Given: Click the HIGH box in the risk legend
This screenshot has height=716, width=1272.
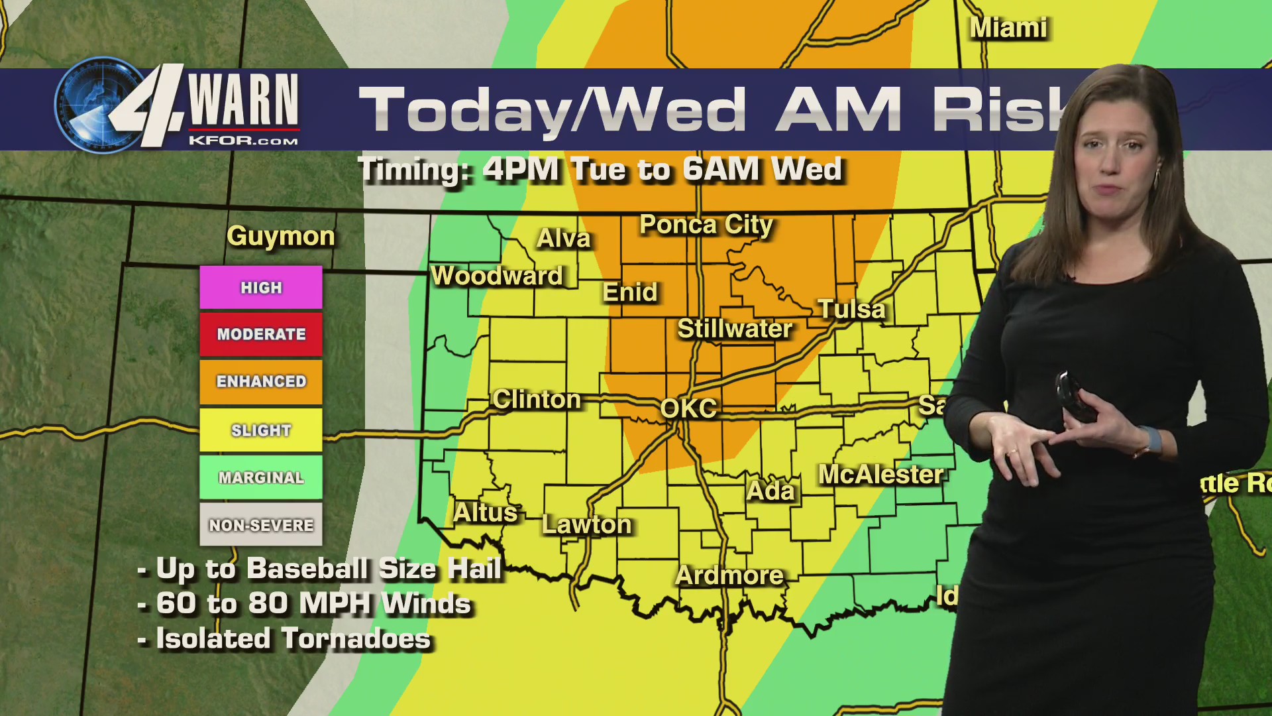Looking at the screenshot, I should click(261, 288).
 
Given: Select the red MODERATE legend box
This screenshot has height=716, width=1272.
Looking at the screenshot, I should click(261, 334).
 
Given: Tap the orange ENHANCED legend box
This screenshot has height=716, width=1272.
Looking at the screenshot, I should click(261, 382).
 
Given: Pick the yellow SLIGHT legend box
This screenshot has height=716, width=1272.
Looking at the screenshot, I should click(261, 430).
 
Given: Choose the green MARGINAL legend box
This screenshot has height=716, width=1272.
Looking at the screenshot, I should click(261, 477).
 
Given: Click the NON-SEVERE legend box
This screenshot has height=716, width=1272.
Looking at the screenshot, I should click(261, 524).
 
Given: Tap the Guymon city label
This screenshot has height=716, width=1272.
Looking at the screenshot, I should click(281, 237).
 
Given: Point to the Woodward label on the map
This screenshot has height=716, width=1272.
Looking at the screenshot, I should click(497, 276).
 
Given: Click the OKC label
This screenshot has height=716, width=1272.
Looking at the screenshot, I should click(688, 408).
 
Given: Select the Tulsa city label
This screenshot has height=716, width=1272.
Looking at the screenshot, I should click(851, 310).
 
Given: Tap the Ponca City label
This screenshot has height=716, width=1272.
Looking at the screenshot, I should click(706, 225).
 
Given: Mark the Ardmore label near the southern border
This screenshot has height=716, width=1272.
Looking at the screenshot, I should click(729, 575).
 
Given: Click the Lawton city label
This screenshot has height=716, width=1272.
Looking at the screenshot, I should click(586, 524).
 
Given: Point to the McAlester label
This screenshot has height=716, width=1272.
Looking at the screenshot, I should click(881, 475).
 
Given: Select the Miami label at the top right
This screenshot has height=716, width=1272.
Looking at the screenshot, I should click(1008, 29).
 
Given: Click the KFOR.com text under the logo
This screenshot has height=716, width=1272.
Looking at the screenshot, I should click(243, 141).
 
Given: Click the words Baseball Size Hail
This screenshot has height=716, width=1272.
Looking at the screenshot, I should click(374, 569).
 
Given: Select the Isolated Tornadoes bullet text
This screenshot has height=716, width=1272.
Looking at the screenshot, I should click(293, 639).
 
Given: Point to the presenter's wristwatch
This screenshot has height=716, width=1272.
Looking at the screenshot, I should click(1151, 440).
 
